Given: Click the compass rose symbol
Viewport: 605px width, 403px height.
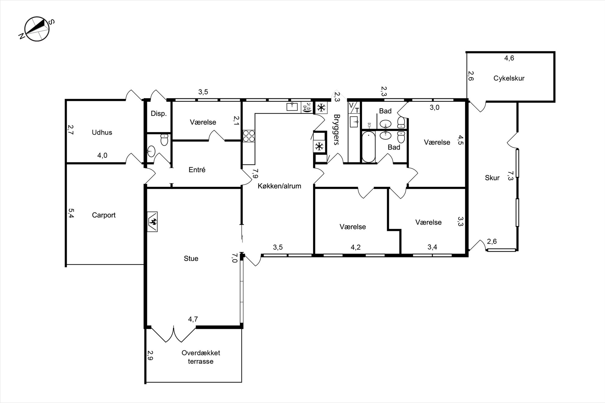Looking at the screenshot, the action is point(37,29).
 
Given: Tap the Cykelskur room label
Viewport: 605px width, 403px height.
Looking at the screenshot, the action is point(509,78).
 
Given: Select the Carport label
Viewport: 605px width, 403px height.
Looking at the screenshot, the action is point(104,215).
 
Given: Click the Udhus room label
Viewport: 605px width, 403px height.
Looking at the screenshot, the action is point(102,132).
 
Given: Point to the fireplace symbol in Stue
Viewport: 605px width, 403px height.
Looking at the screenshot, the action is point(152,222).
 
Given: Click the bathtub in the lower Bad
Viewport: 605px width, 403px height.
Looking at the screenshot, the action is point(368,147).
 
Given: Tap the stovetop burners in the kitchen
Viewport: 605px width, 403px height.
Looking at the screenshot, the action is point(249,136).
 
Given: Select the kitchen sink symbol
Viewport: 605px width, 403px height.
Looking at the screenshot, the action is point(292,107).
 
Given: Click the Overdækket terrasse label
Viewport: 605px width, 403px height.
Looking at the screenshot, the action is point(201,357).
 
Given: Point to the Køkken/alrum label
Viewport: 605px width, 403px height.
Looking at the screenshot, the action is point(279,186).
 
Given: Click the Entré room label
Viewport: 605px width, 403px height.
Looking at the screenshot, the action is point(197,170).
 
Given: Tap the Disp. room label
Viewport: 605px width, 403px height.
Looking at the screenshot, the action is point(159,114).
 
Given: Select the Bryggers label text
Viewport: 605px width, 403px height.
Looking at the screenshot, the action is point(337,129).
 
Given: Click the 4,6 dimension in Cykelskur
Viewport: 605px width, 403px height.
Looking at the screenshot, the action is point(509,58).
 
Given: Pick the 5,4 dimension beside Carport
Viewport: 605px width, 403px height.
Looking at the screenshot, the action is point(71,213).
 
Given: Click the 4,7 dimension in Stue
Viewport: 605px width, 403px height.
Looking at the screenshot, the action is point(193,319).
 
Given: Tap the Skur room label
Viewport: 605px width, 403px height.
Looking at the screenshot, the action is point(492,178).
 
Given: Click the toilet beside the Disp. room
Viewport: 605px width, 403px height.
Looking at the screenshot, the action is point(164,140).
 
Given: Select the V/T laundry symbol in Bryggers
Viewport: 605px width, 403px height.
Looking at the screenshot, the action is point(354,108).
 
